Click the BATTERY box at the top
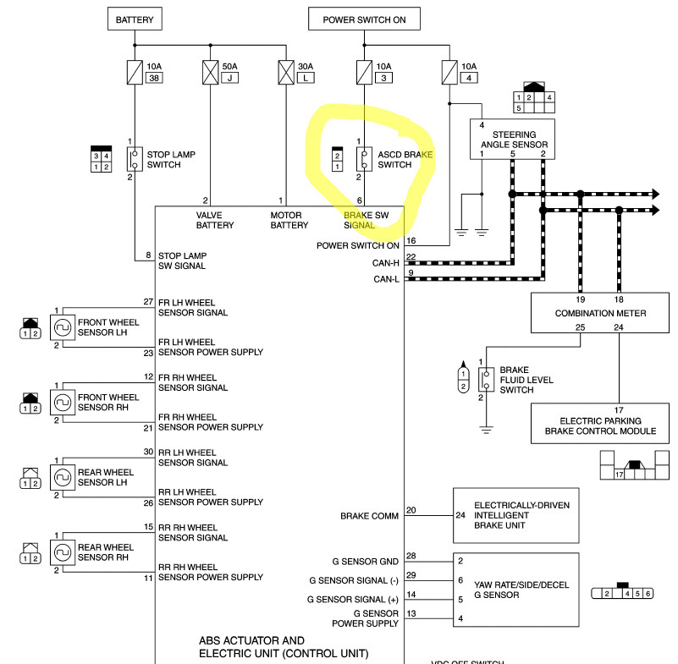(135, 19)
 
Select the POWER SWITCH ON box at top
(364, 19)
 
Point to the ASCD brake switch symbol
(364, 158)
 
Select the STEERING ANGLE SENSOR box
(513, 140)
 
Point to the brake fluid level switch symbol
(486, 379)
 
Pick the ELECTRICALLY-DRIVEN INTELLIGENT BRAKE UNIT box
(516, 515)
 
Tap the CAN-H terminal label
(385, 263)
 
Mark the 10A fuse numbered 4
(449, 72)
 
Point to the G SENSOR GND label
(365, 561)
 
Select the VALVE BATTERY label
(215, 221)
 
